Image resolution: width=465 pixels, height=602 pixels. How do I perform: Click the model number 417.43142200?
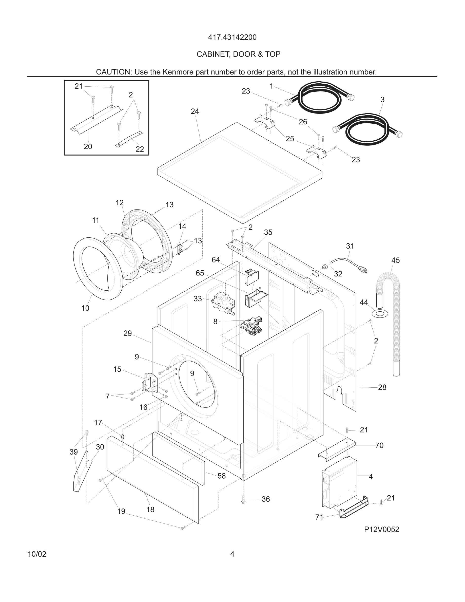tap(232, 37)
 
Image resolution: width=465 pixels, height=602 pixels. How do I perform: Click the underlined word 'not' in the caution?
tap(293, 72)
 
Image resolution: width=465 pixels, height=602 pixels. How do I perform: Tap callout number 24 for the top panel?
tap(195, 111)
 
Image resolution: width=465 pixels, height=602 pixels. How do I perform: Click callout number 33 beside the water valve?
tap(198, 299)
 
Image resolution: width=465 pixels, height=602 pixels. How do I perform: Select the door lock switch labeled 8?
tap(251, 327)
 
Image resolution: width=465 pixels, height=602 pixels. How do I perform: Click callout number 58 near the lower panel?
tap(221, 476)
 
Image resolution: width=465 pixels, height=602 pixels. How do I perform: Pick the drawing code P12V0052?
tap(381, 530)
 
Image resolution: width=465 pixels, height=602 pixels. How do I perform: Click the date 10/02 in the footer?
tap(37, 554)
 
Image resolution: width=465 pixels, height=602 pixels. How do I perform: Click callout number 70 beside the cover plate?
tap(379, 445)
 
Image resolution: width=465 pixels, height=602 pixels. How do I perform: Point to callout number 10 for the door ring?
tap(85, 308)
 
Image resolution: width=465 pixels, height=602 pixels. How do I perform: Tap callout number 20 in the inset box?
tap(88, 147)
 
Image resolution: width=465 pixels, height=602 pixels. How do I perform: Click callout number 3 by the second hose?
tap(382, 100)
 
